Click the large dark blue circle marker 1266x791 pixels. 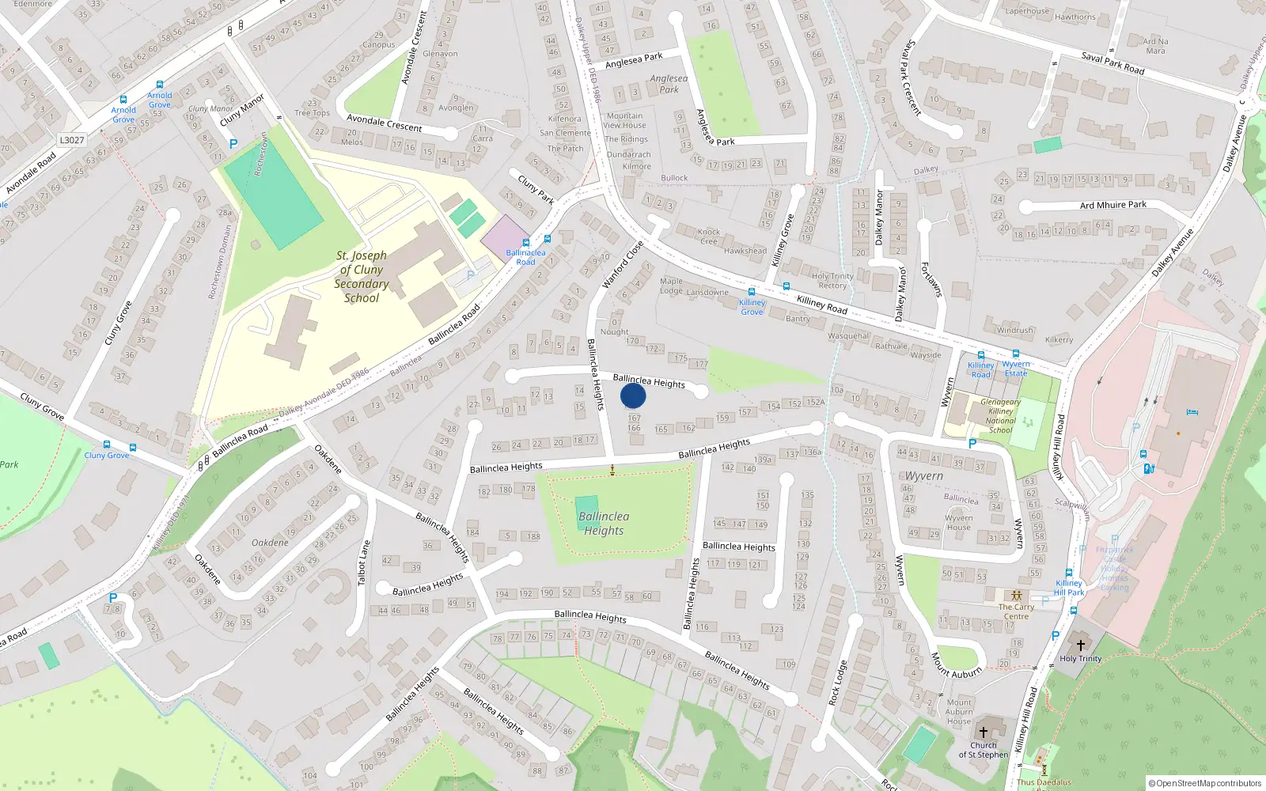(x=633, y=395)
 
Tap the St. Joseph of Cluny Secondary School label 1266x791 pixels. (x=361, y=277)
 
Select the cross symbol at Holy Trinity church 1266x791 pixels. (x=1080, y=645)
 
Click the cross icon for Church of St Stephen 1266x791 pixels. (x=984, y=732)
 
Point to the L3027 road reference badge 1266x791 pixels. (x=71, y=140)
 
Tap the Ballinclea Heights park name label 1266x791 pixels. (x=604, y=524)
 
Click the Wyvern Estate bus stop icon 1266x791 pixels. (x=1016, y=354)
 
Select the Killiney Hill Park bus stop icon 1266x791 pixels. (x=1068, y=573)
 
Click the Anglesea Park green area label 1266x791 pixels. (x=669, y=84)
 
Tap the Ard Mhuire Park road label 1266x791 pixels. (x=1112, y=205)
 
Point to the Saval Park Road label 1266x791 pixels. (x=1112, y=63)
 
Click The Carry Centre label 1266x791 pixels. (x=1016, y=611)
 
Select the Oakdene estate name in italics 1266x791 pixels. (x=270, y=543)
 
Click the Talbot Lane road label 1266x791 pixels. (x=363, y=563)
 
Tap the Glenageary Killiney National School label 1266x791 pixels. (x=1000, y=416)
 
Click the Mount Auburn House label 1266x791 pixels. (x=959, y=711)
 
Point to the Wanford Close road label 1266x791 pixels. (x=624, y=264)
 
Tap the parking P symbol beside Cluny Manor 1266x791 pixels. (x=233, y=144)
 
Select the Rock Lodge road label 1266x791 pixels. (x=837, y=683)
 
